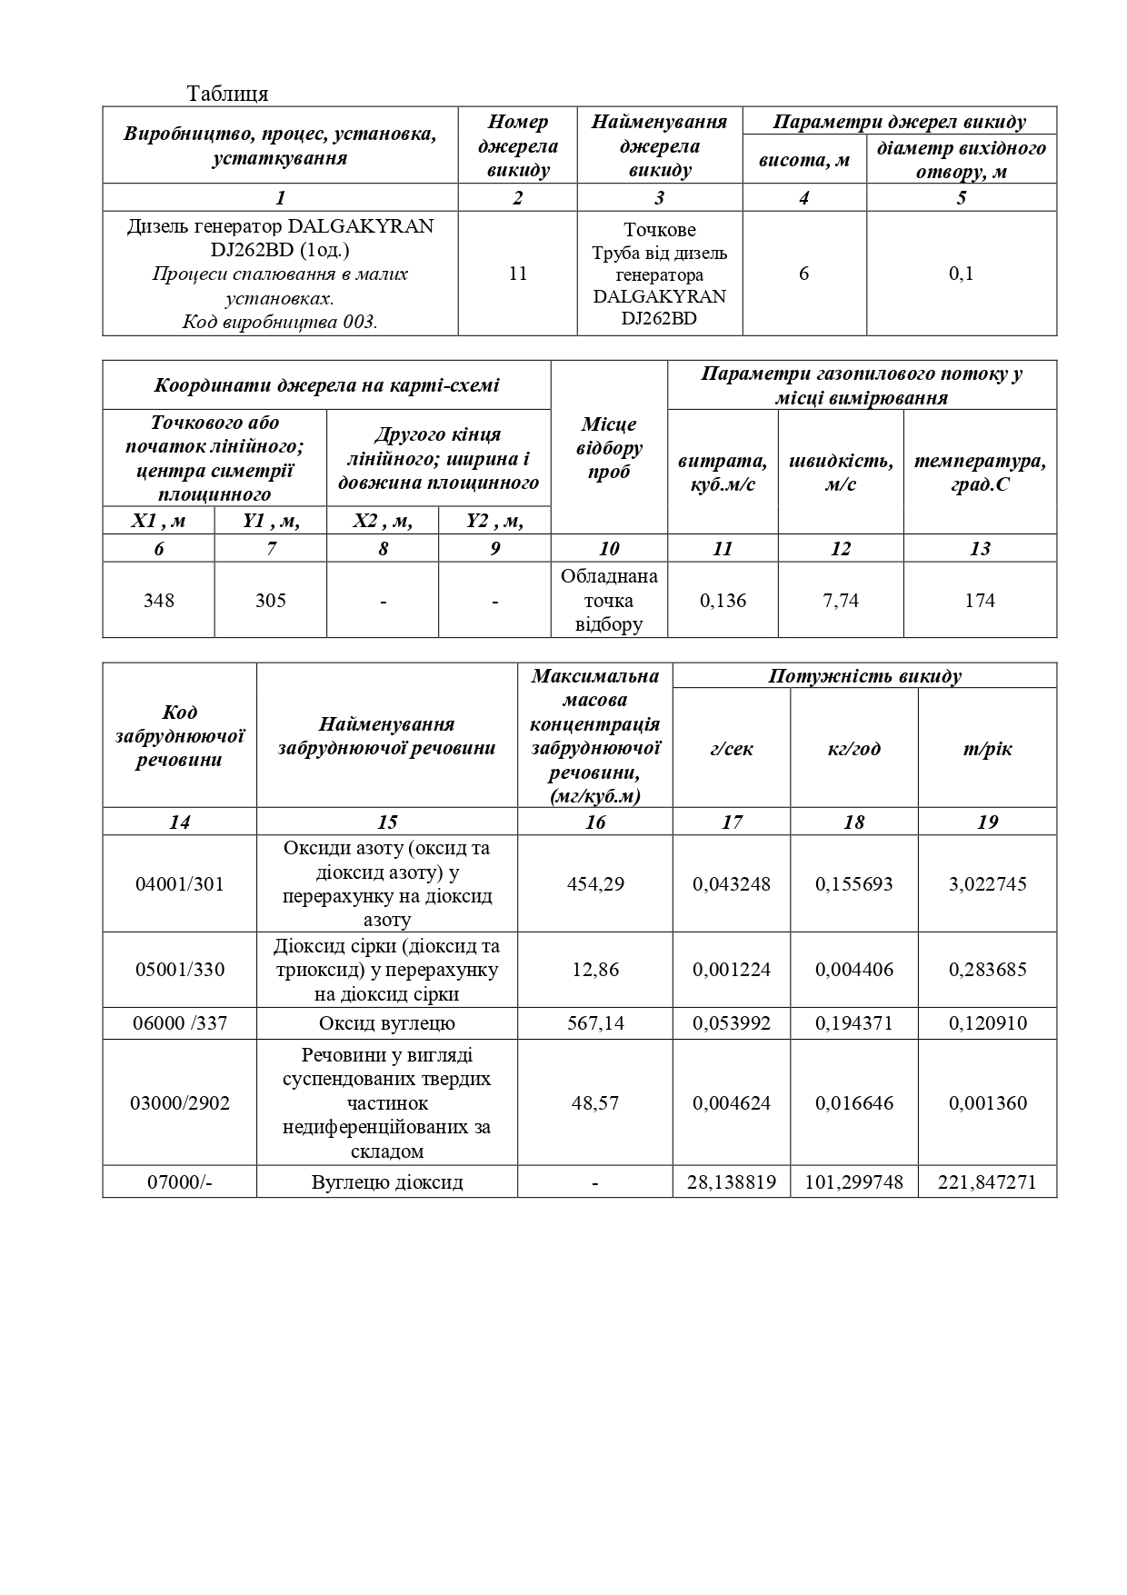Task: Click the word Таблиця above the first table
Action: pyautogui.click(x=227, y=94)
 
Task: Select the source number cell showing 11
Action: pyautogui.click(x=518, y=274)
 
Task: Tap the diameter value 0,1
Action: pyautogui.click(x=962, y=274)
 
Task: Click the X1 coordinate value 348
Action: pyautogui.click(x=159, y=600)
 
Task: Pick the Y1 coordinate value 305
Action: pyautogui.click(x=271, y=600)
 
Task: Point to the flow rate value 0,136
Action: pyautogui.click(x=723, y=600)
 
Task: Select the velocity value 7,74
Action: pyautogui.click(x=841, y=600)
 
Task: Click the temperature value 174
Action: pyautogui.click(x=980, y=600)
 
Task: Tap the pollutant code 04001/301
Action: pyautogui.click(x=179, y=883)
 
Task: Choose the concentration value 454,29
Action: pyautogui.click(x=595, y=883)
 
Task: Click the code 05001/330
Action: pyautogui.click(x=179, y=969)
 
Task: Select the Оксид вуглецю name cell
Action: pyautogui.click(x=387, y=1022)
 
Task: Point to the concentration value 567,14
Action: pyautogui.click(x=595, y=1022)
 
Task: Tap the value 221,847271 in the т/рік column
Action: pyautogui.click(x=987, y=1181)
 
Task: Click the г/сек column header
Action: pyautogui.click(x=732, y=749)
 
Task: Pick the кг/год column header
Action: pyautogui.click(x=853, y=749)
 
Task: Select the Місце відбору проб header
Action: pyautogui.click(x=609, y=448)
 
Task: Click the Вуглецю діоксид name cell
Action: pyautogui.click(x=387, y=1181)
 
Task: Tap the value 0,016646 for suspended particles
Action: pyautogui.click(x=853, y=1102)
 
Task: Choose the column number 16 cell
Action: pyautogui.click(x=595, y=822)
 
